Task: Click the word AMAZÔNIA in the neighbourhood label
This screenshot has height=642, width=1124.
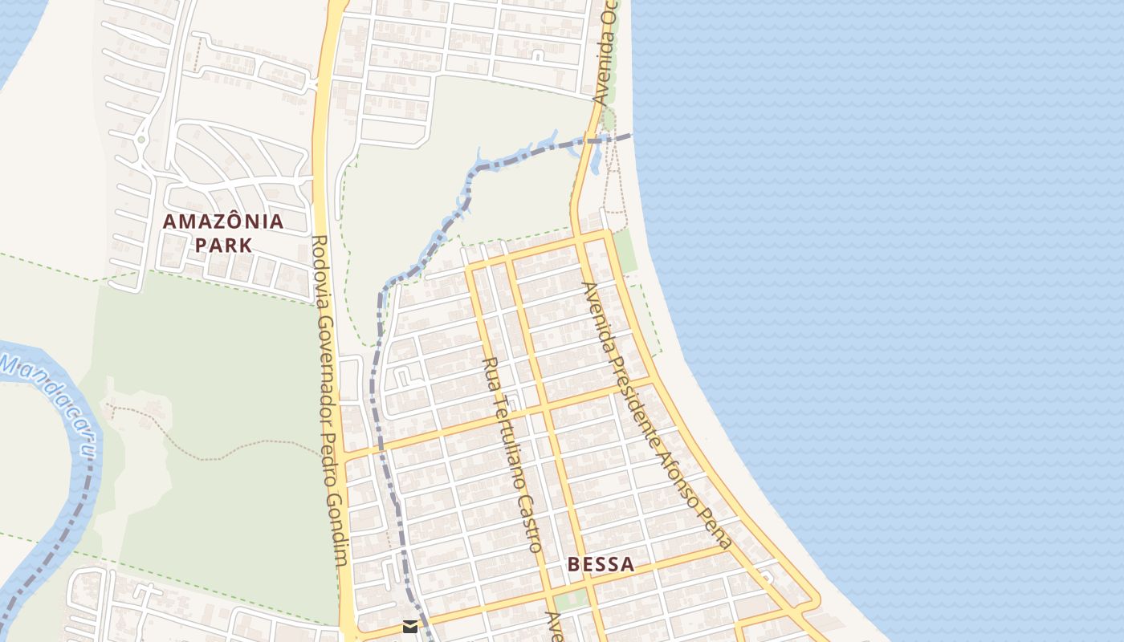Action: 223,221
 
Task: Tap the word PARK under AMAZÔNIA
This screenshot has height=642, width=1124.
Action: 223,245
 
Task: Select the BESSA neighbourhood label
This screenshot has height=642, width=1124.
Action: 601,564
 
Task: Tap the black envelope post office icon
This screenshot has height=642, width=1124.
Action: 410,627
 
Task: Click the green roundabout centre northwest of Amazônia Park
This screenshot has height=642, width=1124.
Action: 141,140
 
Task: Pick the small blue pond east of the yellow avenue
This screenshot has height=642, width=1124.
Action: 595,160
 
